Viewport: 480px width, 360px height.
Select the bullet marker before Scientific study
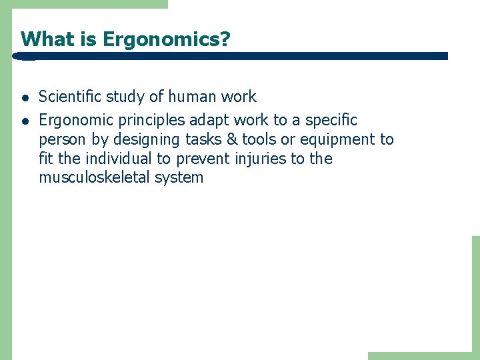pos(24,97)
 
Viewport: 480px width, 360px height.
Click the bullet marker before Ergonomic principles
pos(24,121)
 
